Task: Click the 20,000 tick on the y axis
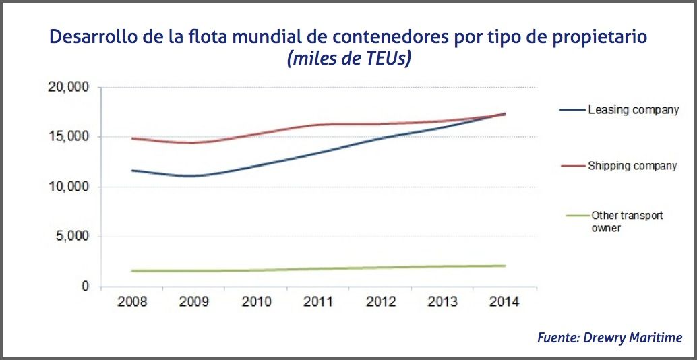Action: [67, 87]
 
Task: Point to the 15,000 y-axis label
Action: [67, 137]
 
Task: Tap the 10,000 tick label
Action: [67, 187]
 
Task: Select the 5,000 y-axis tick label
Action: [71, 237]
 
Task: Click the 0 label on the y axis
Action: [85, 287]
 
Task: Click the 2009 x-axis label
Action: [193, 302]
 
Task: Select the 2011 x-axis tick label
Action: [317, 302]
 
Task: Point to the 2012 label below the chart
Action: [380, 302]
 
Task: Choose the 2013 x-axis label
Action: [442, 302]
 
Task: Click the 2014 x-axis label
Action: [504, 302]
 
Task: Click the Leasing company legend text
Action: [633, 109]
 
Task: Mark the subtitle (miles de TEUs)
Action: [349, 59]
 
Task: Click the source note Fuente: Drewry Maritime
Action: [609, 337]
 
